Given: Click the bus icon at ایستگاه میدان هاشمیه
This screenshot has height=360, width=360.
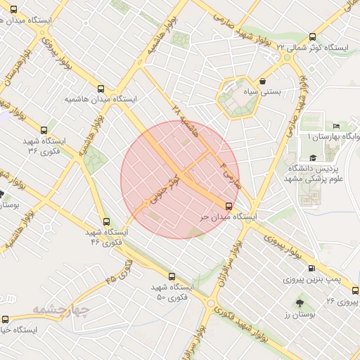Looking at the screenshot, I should point(101,89).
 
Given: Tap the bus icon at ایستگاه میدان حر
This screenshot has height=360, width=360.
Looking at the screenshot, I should point(229,206).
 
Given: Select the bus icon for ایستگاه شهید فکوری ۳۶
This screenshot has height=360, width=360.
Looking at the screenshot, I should point(44,130).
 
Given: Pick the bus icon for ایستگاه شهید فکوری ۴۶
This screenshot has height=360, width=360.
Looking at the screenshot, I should point(106,221).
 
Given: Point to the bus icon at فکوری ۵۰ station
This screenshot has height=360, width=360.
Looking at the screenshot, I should point(172,276).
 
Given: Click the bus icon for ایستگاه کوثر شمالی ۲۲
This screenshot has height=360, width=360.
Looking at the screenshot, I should point(312,37).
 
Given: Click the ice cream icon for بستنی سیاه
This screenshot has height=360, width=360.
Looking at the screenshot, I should point(262,81).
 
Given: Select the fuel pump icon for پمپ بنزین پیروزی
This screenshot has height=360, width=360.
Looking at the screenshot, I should point(312,268).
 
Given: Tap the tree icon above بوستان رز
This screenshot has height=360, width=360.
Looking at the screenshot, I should point(301,303).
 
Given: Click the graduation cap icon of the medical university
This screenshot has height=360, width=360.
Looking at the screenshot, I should point(312,159).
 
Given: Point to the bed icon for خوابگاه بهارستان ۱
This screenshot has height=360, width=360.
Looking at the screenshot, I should point(335,126).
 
